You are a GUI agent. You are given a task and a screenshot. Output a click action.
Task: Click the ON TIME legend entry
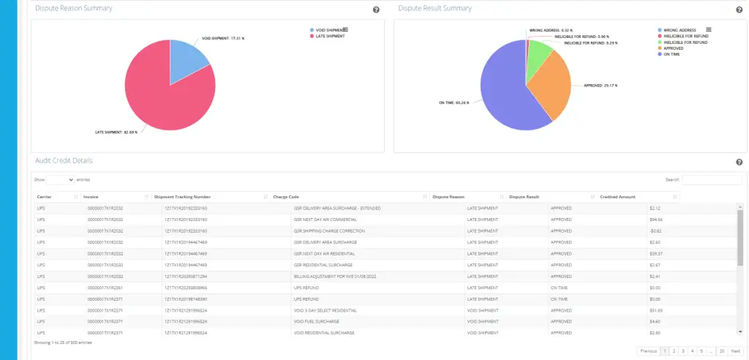671,54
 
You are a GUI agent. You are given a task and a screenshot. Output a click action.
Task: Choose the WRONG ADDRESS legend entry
678,30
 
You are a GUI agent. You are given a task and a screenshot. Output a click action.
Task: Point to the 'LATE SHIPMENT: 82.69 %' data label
117,132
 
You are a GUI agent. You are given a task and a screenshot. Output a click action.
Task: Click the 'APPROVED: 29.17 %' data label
600,85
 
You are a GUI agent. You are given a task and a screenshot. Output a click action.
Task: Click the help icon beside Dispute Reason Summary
376,10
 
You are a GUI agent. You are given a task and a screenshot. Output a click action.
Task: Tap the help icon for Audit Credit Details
739,162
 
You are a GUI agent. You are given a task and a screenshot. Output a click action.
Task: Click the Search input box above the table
712,179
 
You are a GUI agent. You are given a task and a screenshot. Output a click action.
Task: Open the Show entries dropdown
61,179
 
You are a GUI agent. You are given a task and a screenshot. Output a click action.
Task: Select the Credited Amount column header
619,197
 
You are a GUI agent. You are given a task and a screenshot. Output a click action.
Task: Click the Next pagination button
736,351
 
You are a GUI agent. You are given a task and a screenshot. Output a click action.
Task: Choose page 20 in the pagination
720,351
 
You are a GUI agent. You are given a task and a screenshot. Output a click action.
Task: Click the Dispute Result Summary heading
434,8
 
